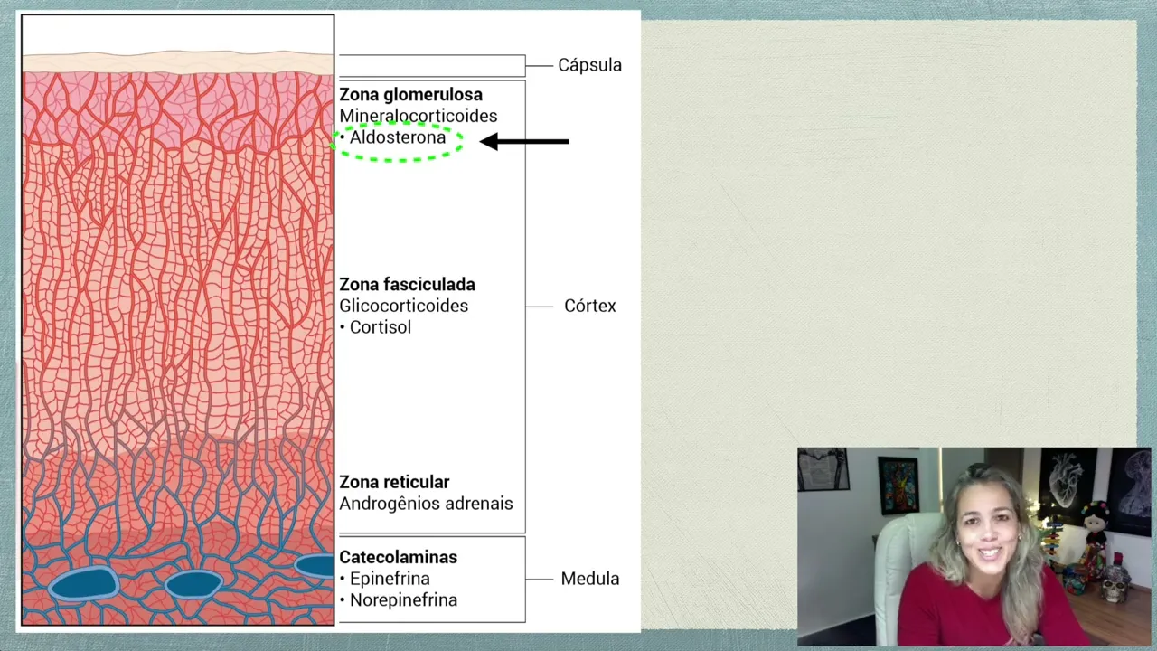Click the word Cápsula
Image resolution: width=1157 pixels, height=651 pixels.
click(x=589, y=65)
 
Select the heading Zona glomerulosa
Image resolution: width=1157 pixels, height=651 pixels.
click(x=410, y=95)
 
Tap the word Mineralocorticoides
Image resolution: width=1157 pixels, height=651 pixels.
click(x=418, y=116)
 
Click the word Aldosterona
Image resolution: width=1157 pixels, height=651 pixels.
click(x=398, y=138)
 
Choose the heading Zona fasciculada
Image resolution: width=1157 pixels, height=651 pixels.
click(x=407, y=285)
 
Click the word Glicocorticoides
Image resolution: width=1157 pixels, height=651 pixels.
click(x=403, y=306)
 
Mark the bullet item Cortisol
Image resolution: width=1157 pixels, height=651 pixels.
click(x=380, y=327)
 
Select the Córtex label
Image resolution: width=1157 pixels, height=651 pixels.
click(x=589, y=306)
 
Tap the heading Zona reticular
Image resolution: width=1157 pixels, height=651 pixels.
click(x=394, y=483)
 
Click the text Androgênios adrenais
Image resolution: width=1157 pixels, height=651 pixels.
click(x=426, y=504)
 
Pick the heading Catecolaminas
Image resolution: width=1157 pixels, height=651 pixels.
click(x=398, y=558)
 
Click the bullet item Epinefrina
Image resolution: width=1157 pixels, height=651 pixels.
click(x=390, y=579)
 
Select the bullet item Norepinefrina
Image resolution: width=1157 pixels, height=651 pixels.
click(x=403, y=600)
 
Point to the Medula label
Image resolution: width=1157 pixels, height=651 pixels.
click(x=589, y=579)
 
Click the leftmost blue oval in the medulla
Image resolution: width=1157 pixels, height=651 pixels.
click(x=83, y=583)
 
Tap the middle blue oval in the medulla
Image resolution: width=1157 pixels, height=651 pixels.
click(x=193, y=584)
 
